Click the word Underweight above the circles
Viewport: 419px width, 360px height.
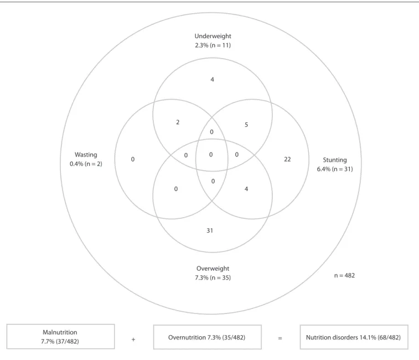[x=213, y=36]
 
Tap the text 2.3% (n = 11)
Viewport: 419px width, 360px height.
[x=213, y=45]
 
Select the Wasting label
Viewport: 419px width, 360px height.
[x=86, y=155]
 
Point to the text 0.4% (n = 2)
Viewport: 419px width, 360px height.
[x=86, y=164]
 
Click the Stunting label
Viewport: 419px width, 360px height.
[x=335, y=160]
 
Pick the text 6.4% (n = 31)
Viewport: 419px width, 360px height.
[x=335, y=169]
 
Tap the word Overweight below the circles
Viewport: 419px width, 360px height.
[x=213, y=269]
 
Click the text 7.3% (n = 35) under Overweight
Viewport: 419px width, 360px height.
[x=213, y=277]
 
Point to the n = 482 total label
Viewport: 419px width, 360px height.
[x=344, y=275]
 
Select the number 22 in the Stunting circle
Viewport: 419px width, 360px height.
[x=287, y=160]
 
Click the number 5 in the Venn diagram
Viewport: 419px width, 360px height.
[x=246, y=125]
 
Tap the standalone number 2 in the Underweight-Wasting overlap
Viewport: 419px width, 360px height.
[x=178, y=122]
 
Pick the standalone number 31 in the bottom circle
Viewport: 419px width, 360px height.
[x=210, y=230]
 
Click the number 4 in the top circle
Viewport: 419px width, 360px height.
[x=212, y=79]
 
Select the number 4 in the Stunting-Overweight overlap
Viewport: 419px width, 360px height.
[x=246, y=189]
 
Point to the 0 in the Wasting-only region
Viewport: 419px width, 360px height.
[x=133, y=160]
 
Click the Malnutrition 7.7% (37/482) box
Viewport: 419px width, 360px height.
[x=61, y=337]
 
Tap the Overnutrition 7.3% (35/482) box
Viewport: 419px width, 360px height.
[x=208, y=337]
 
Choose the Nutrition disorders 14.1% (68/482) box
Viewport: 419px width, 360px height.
[x=354, y=337]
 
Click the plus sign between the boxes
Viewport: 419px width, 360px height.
[x=133, y=340]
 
